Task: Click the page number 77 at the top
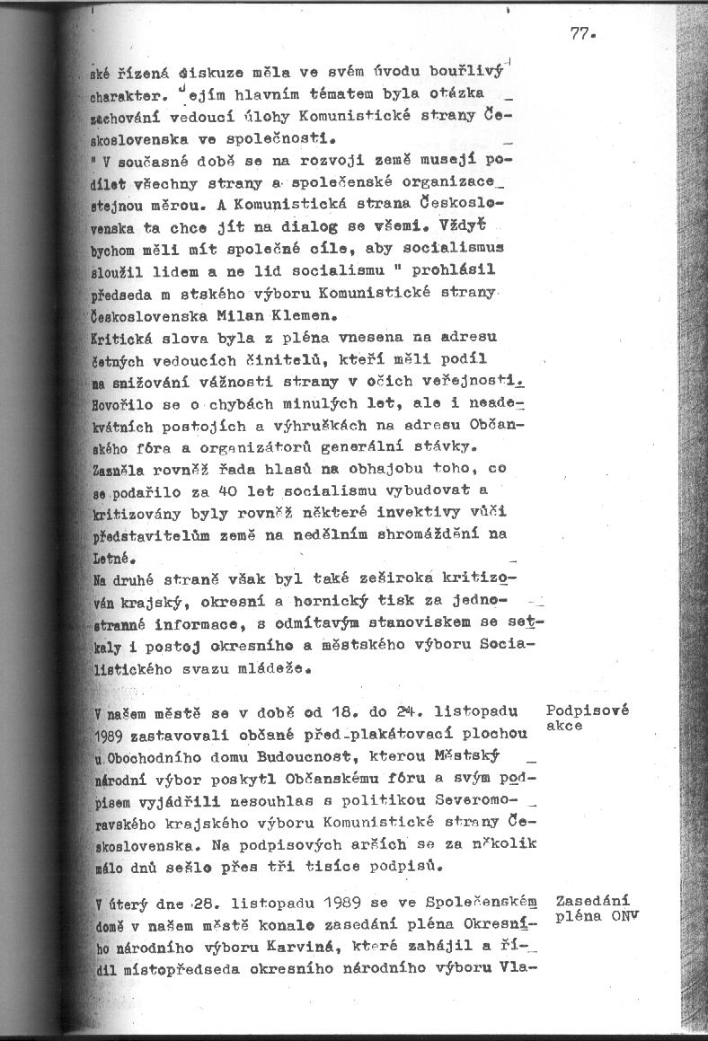581,35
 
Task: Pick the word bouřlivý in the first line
462,71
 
